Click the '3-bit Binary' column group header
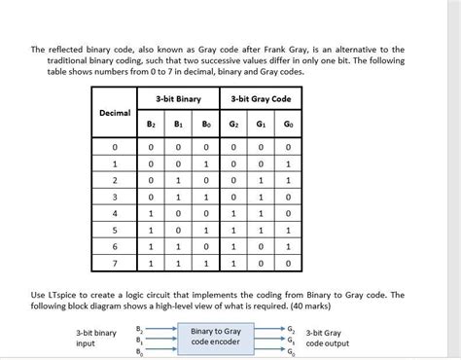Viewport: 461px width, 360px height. point(177,99)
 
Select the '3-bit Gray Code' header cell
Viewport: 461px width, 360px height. point(260,99)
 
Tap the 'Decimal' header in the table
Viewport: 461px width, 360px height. point(115,113)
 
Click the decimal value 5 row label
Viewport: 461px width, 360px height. point(115,229)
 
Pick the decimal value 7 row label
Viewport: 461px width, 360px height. point(115,263)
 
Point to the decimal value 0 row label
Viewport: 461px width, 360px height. point(115,146)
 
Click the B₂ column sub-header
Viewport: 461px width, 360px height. point(151,125)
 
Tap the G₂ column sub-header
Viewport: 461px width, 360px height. point(233,125)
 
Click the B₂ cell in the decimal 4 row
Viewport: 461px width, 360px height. point(151,212)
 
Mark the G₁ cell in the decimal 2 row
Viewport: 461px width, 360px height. point(260,179)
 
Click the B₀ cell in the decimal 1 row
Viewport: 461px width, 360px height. point(205,162)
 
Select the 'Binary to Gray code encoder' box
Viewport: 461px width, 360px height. point(215,336)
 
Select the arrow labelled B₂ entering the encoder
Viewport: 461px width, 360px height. point(160,329)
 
